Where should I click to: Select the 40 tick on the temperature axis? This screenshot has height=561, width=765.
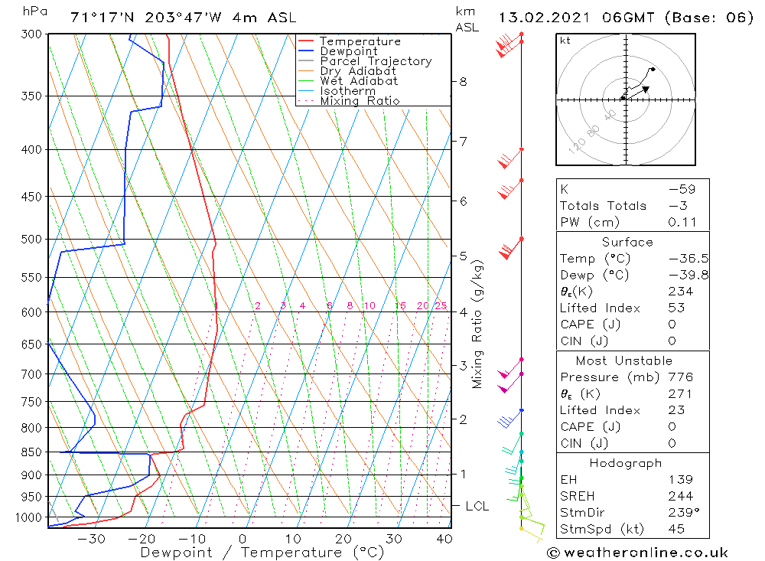(444, 538)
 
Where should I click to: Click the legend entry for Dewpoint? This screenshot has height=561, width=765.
(348, 51)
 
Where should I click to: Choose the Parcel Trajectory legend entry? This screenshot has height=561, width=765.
(376, 61)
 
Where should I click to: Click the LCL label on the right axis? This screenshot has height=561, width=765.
(477, 506)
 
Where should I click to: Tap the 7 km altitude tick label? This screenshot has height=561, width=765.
(463, 141)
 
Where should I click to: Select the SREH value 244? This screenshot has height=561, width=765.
(679, 496)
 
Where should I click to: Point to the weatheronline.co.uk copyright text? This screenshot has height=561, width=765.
(636, 552)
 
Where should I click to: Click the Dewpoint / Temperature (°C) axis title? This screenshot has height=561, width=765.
(262, 552)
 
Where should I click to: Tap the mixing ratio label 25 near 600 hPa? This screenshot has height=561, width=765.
(441, 306)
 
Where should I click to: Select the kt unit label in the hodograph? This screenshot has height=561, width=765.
(565, 41)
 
